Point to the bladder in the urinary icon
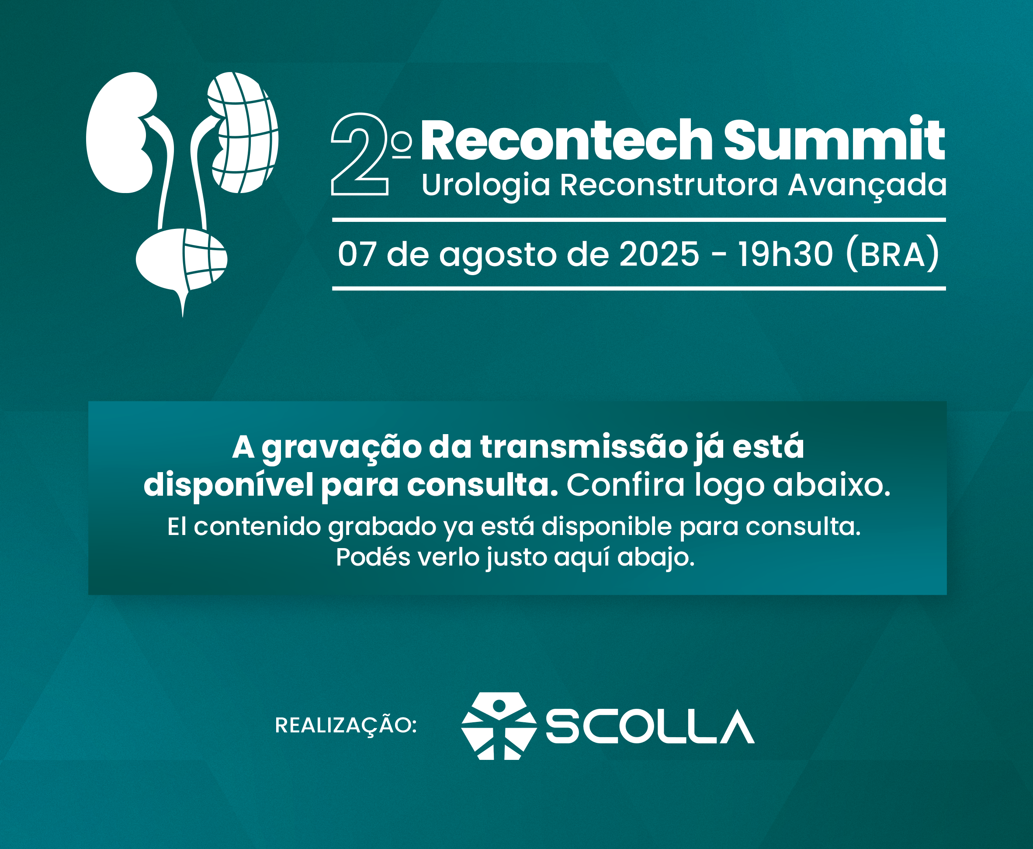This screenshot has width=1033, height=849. (181, 262)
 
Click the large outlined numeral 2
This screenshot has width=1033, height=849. (360, 155)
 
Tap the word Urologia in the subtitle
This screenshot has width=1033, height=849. (486, 186)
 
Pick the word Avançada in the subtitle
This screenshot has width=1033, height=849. (867, 186)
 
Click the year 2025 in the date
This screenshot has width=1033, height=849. (659, 254)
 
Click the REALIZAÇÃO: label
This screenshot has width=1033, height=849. (346, 725)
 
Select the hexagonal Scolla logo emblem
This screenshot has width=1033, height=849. (499, 726)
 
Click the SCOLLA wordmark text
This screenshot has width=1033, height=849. (650, 726)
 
